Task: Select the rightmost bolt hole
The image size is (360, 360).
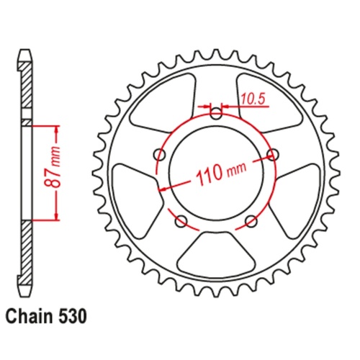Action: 272,153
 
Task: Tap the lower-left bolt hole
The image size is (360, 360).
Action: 181,220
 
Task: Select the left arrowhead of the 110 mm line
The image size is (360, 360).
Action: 162,188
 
